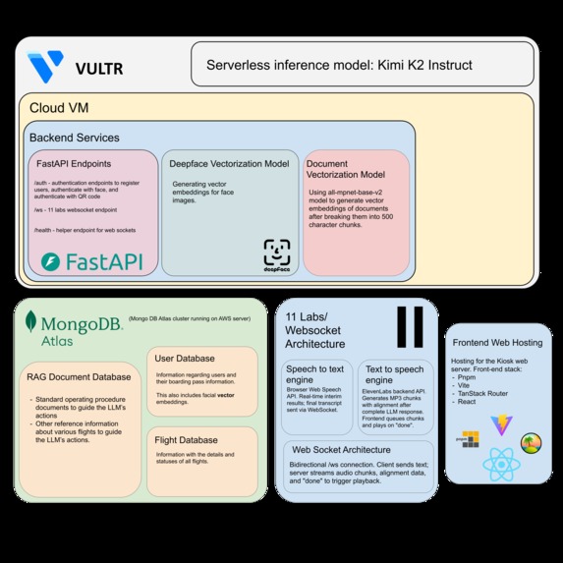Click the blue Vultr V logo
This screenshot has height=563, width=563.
pyautogui.click(x=45, y=67)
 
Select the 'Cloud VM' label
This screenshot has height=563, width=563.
pyautogui.click(x=55, y=107)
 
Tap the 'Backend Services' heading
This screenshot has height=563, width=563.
pyautogui.click(x=75, y=138)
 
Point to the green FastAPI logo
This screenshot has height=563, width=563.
pyautogui.click(x=90, y=261)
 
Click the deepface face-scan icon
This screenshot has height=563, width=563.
pyautogui.click(x=277, y=253)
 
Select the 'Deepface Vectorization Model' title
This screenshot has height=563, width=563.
pyautogui.click(x=230, y=165)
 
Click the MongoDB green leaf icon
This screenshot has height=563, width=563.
pyautogui.click(x=32, y=321)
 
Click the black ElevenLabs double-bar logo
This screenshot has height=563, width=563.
pyautogui.click(x=410, y=327)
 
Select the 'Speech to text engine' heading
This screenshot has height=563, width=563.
pyautogui.click(x=311, y=373)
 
